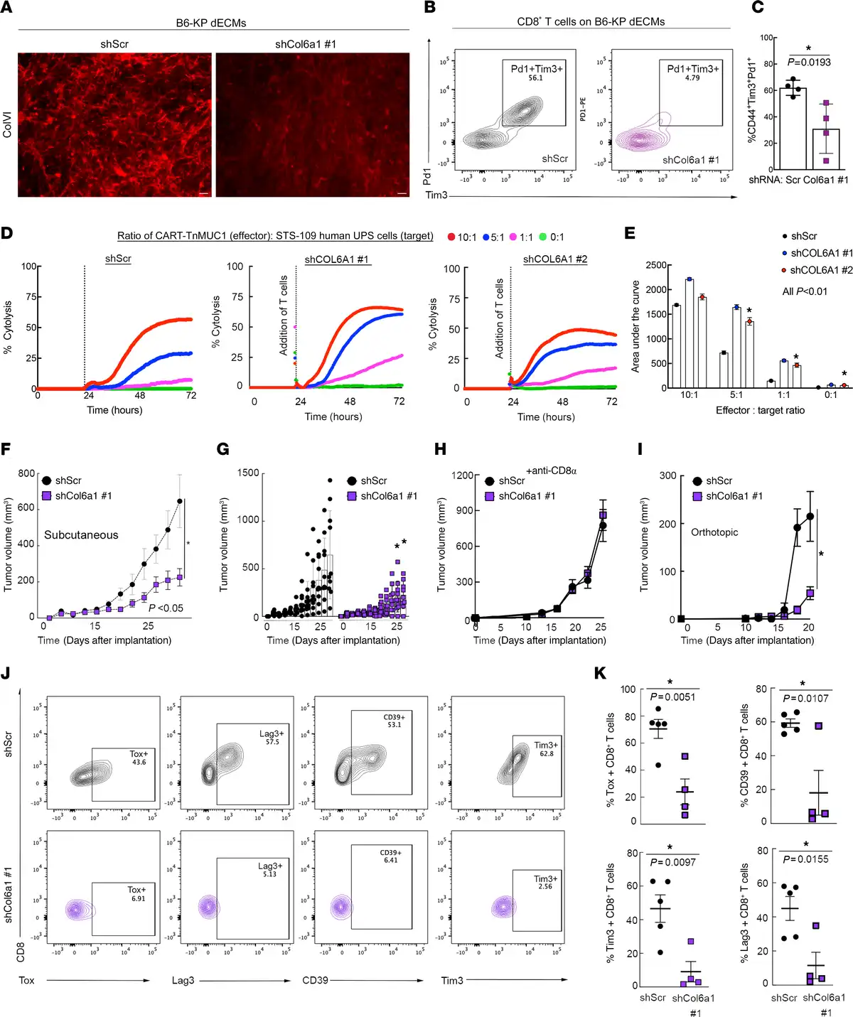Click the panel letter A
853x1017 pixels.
pos(7,9)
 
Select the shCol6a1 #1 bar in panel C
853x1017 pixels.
pos(825,149)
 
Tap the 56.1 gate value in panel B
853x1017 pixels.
pos(535,78)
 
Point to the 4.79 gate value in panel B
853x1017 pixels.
pos(692,78)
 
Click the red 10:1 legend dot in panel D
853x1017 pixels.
pos(451,237)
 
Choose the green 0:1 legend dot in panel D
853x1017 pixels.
pos(543,237)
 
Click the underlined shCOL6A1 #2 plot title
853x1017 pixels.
pos(555,259)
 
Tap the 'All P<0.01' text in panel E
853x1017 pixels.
pos(805,291)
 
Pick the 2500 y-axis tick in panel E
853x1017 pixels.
pos(656,265)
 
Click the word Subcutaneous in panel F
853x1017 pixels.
pos(81,535)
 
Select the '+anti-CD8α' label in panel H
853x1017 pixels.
pos(552,470)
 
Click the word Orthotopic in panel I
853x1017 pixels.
pos(714,532)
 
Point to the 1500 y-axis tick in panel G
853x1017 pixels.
pos(248,473)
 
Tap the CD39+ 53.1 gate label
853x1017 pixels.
pos(394,721)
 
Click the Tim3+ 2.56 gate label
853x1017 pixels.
pos(545,883)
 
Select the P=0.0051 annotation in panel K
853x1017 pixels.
pos(672,697)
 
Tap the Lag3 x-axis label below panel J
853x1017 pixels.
pos(183,981)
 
